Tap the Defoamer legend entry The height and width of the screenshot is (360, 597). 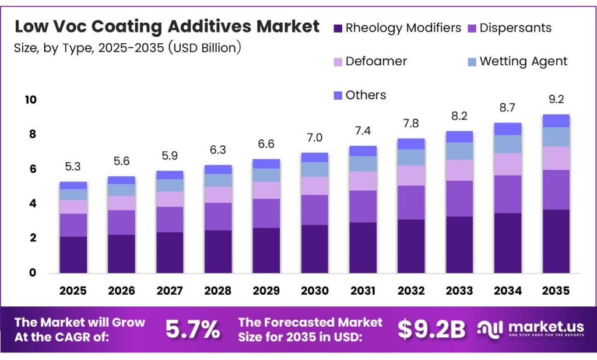tap(376, 61)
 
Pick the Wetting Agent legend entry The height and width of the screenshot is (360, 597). tap(523, 61)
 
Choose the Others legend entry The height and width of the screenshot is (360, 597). tap(366, 95)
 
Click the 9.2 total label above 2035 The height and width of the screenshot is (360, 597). tap(556, 99)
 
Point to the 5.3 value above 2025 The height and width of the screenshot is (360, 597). tap(73, 167)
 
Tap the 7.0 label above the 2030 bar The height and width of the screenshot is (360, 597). tap(314, 138)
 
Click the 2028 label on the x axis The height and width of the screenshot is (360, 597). tap(217, 290)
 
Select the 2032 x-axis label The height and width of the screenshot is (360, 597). tap(411, 290)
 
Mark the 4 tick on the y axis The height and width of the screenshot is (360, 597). tap(33, 204)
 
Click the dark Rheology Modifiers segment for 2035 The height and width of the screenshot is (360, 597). tap(556, 241)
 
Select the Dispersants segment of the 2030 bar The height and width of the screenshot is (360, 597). tap(314, 210)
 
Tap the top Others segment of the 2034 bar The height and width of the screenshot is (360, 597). tap(508, 129)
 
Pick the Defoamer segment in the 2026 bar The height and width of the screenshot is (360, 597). tap(121, 203)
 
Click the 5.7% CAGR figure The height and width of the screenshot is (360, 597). tap(192, 330)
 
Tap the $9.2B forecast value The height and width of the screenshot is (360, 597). tap(432, 330)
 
